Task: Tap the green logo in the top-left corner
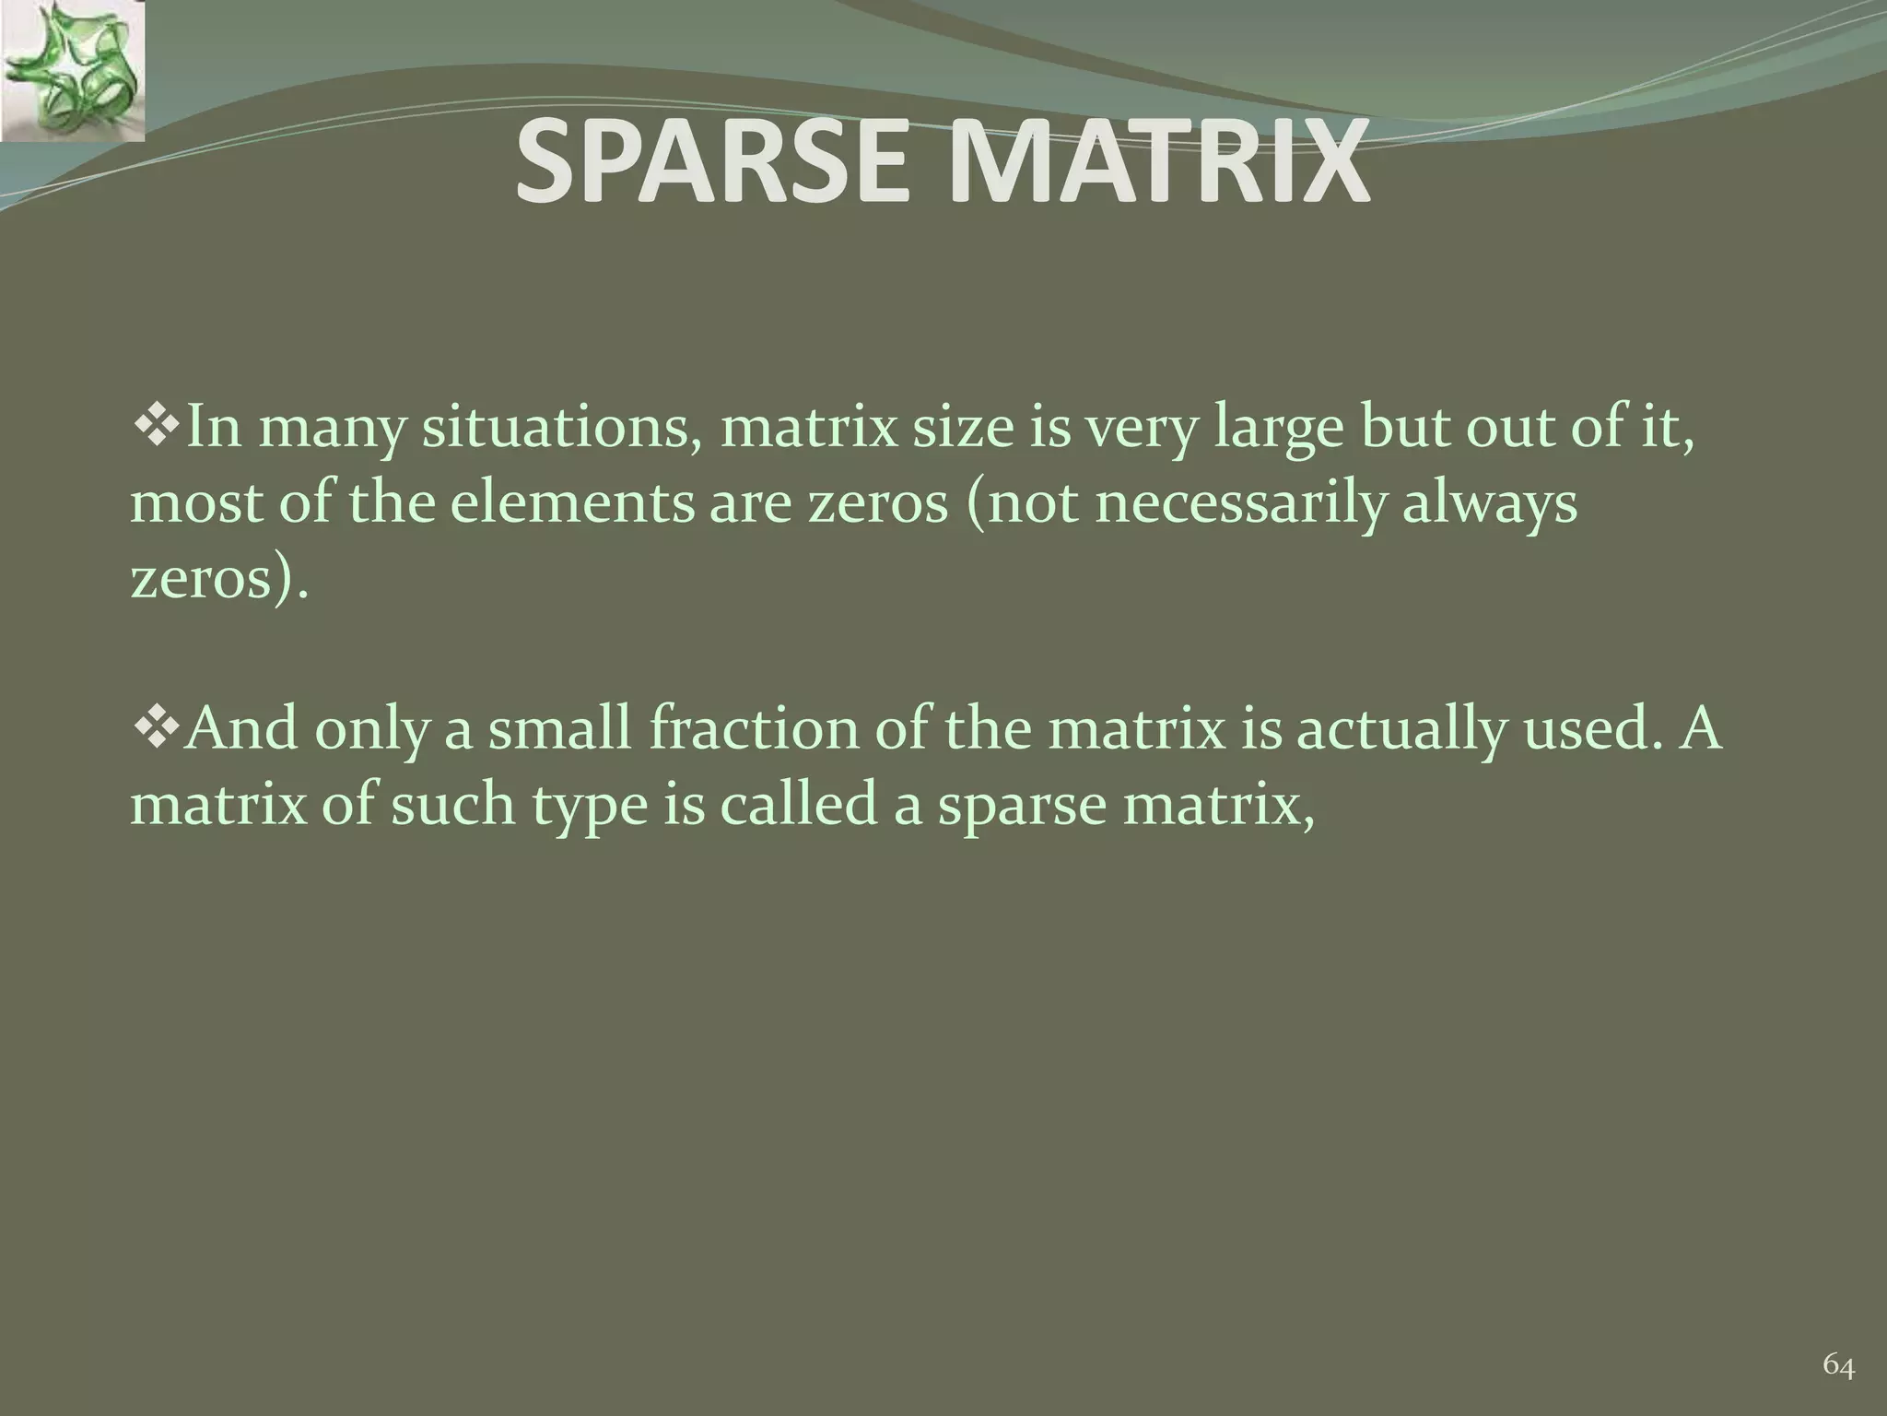pyautogui.click(x=72, y=70)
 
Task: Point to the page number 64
pyautogui.click(x=1839, y=1365)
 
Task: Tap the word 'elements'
pyautogui.click(x=572, y=505)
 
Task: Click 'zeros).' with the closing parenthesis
pyautogui.click(x=217, y=581)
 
